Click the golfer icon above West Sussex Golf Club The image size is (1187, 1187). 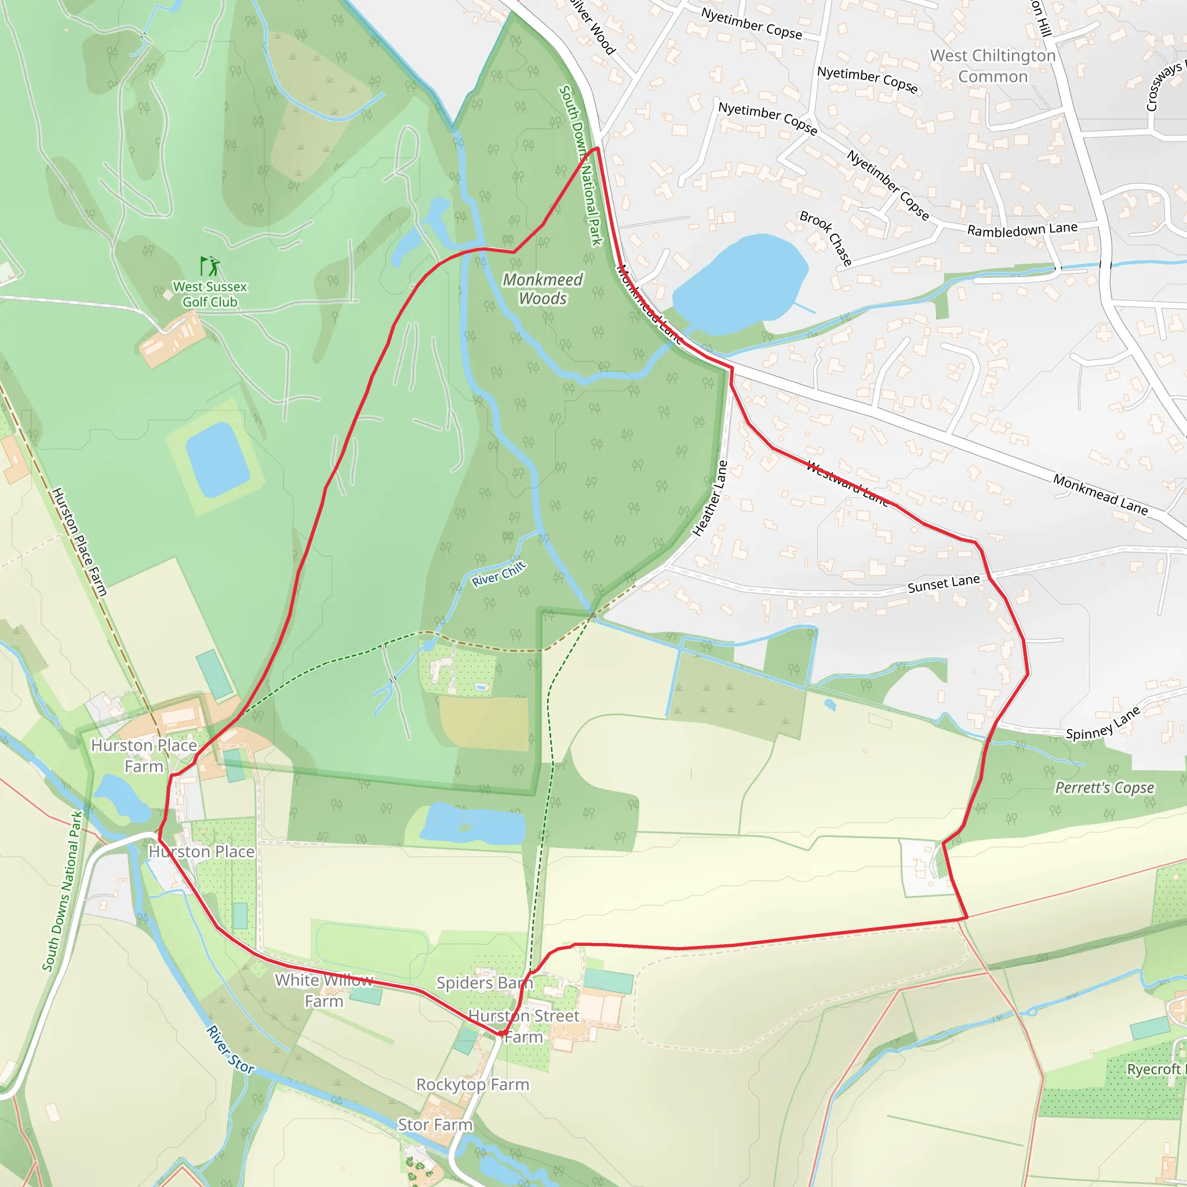210,266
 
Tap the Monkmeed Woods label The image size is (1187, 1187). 542,289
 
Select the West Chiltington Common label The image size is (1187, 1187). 992,65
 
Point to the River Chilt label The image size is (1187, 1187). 498,573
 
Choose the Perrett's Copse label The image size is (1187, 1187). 1104,788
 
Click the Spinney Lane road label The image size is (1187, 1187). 1103,724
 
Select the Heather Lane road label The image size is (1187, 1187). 710,498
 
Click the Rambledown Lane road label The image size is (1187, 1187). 1022,229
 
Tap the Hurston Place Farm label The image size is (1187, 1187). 144,756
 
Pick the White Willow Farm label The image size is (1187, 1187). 324,991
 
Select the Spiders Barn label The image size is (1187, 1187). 485,982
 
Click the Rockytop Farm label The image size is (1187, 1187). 472,1084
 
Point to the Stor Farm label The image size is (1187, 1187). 435,1124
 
